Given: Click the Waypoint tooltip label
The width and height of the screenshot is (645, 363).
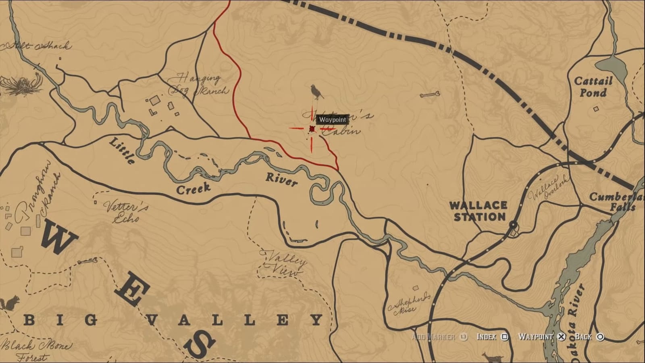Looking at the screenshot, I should click(x=332, y=119).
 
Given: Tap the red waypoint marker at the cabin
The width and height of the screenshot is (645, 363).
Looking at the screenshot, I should click(x=312, y=129).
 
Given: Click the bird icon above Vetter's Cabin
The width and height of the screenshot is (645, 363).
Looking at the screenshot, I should click(x=317, y=92).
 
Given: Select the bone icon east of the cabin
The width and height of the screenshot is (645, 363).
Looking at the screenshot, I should click(x=429, y=95).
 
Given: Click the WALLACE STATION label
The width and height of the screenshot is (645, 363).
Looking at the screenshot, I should click(x=479, y=211).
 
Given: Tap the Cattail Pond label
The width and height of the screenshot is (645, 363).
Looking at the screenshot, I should click(x=593, y=87).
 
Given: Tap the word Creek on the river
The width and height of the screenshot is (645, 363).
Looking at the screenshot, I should click(x=193, y=188).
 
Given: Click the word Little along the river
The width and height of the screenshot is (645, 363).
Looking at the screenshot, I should click(x=122, y=150).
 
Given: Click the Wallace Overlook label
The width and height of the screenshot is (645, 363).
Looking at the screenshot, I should click(x=548, y=188).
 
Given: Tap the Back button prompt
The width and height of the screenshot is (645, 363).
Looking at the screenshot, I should click(x=589, y=337).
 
